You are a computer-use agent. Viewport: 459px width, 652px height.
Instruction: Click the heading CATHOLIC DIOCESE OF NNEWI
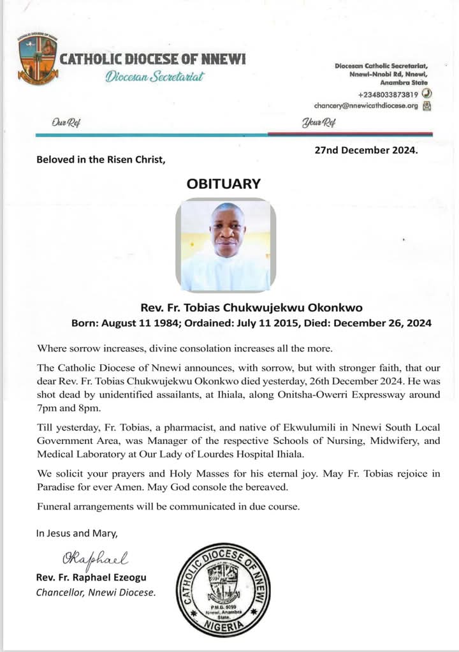(x=152, y=60)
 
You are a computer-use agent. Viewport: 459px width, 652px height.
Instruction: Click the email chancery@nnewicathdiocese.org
(x=365, y=106)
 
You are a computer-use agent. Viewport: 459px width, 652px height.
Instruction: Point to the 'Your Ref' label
(x=318, y=122)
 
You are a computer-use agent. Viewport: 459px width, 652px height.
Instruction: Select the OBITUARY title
(x=223, y=184)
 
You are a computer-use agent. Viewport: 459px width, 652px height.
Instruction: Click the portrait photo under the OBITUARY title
(x=226, y=244)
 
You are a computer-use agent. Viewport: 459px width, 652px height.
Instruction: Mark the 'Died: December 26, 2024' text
(x=373, y=323)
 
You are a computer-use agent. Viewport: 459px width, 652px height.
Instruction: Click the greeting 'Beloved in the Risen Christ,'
(x=101, y=159)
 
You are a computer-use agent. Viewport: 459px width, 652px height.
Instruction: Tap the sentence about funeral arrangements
(x=168, y=507)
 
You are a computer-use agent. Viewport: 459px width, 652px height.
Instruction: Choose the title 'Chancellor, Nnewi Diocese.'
(x=96, y=593)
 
